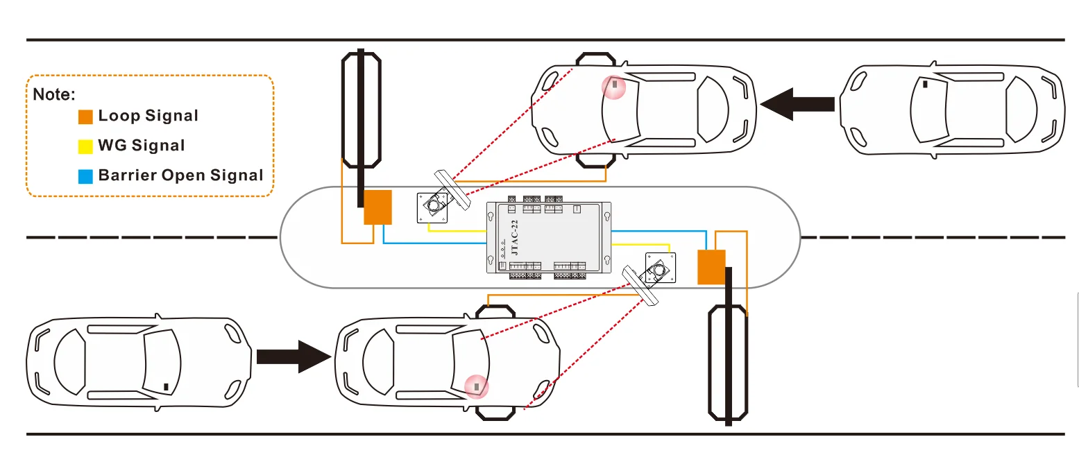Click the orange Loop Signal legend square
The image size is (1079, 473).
coord(85,117)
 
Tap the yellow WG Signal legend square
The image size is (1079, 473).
coord(85,146)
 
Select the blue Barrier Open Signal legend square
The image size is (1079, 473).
coord(85,176)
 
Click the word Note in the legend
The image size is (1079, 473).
coord(53,94)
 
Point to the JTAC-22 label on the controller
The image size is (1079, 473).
coord(514,238)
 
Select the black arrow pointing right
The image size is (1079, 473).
coord(293,356)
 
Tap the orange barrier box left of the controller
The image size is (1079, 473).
coord(378,207)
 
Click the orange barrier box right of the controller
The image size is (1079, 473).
coord(711,266)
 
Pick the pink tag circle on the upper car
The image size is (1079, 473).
coord(614,87)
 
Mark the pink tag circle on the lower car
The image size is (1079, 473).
coord(476,386)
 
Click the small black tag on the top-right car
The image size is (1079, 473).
coord(926,85)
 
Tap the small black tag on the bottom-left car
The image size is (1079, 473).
coord(165,386)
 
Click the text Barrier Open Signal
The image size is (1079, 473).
coord(180,175)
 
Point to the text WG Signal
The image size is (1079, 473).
coord(142,146)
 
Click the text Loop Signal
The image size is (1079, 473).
coord(148,116)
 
